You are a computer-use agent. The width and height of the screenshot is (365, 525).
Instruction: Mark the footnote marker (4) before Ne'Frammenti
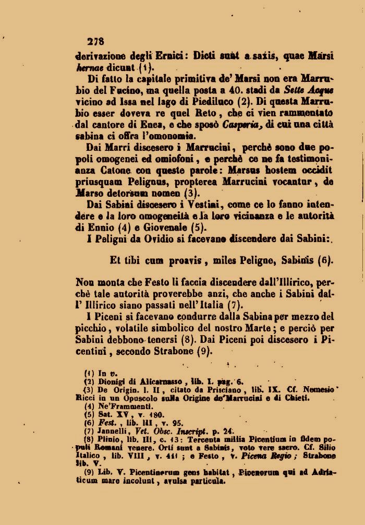pos(89,407)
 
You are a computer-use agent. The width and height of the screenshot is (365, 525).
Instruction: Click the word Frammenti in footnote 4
pos(121,407)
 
